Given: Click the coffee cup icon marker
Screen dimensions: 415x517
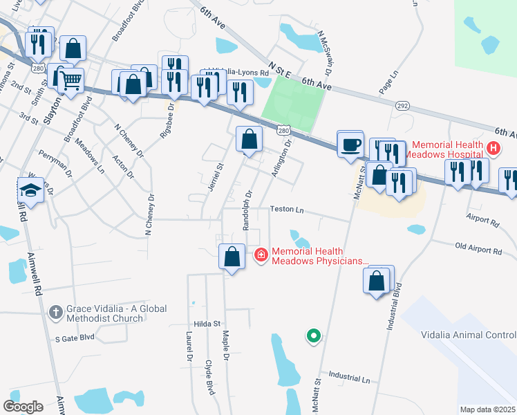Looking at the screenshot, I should pos(350,144).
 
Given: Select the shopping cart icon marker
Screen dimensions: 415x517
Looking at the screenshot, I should pos(70,80).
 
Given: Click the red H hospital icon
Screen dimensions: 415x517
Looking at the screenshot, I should pos(493,147).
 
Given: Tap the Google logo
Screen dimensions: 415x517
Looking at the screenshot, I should pos(23,406).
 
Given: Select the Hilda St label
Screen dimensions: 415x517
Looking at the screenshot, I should pos(207,323).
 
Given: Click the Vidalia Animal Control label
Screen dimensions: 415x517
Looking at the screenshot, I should pos(469,335).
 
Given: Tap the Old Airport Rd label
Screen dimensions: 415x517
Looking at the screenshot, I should pos(478,248).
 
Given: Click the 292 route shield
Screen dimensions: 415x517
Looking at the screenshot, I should pos(402,106).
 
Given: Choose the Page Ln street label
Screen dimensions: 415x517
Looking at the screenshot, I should pos(389,82).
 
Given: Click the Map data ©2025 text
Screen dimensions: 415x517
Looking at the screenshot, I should pos(487,409).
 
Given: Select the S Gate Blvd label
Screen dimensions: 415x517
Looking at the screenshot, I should pos(74,338).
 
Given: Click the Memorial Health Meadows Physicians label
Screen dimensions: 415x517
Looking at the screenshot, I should pos(320,256).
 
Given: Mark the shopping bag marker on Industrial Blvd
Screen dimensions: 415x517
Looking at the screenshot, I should pos(377,282).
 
